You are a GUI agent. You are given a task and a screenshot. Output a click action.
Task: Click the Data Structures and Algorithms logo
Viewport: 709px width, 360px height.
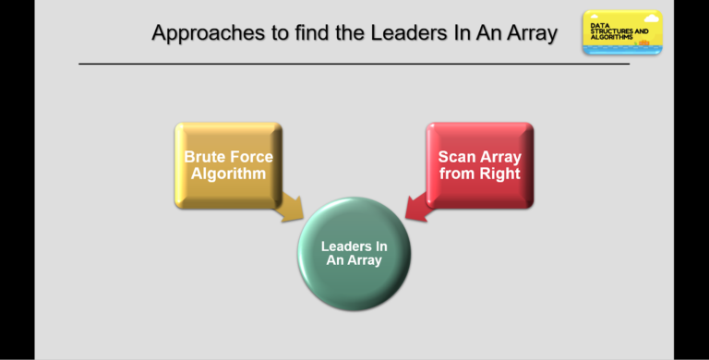(x=621, y=32)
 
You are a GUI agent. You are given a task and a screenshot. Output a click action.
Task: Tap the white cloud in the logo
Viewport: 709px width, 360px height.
(x=651, y=18)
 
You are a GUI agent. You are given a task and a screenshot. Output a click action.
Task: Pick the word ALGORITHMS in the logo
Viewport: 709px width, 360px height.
(x=612, y=38)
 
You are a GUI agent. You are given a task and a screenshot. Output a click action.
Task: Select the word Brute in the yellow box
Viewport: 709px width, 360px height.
(x=205, y=157)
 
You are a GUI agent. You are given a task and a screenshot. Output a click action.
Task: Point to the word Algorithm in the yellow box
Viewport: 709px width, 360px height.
(x=228, y=173)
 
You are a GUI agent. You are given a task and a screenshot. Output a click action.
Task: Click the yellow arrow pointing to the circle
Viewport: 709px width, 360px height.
(x=290, y=208)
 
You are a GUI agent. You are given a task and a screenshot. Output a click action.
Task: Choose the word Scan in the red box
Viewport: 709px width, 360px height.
(x=457, y=157)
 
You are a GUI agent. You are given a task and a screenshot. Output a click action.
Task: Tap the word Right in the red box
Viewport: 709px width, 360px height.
(x=499, y=173)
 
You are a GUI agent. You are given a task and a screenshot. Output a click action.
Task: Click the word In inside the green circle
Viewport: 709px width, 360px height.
(x=380, y=246)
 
